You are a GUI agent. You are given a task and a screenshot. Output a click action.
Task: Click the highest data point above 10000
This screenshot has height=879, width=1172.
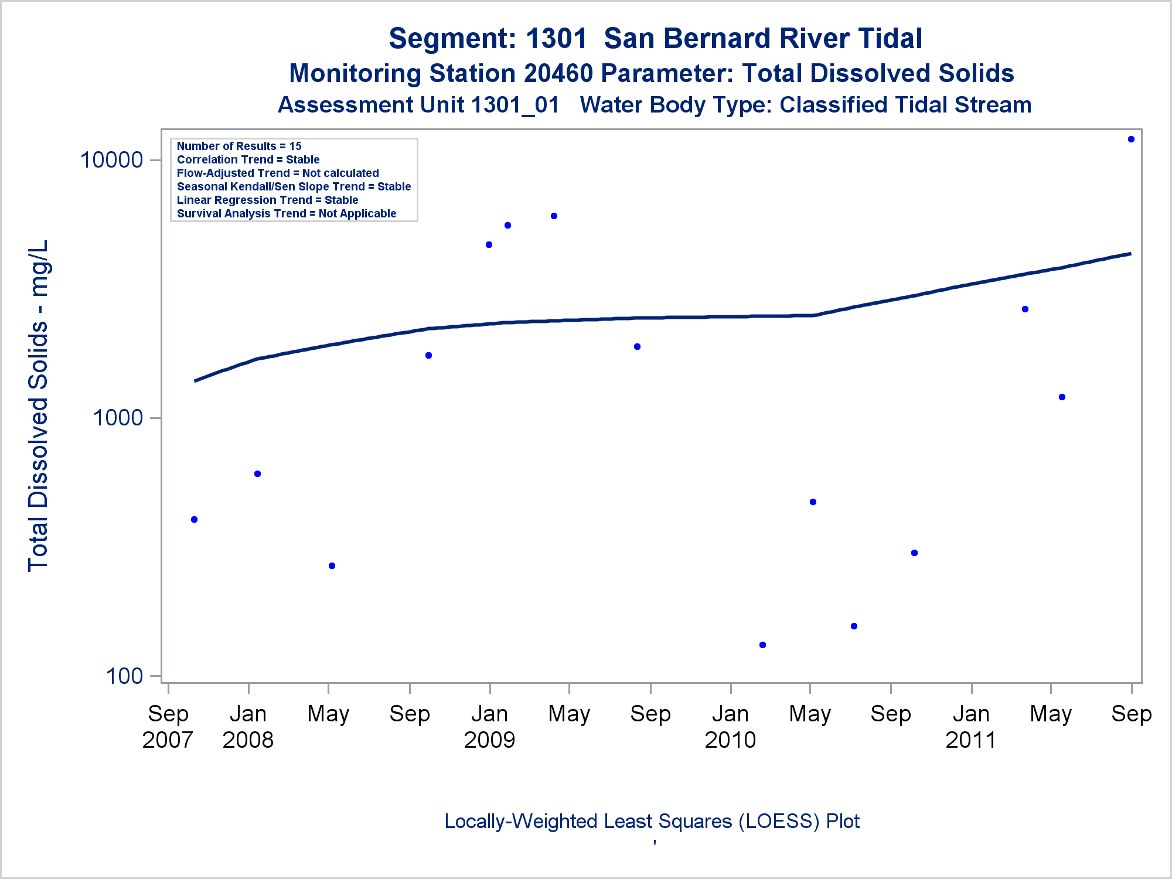tap(1131, 139)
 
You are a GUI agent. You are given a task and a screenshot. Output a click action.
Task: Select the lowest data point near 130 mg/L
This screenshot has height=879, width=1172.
tap(762, 645)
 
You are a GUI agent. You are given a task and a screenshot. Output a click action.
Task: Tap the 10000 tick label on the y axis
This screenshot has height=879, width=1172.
tap(111, 159)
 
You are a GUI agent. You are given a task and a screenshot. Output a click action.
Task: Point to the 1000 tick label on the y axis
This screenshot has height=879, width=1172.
tap(118, 418)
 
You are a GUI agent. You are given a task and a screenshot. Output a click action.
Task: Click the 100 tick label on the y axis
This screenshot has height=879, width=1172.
tap(124, 676)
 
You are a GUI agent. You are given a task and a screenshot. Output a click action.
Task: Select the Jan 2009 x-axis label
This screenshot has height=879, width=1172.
tap(489, 727)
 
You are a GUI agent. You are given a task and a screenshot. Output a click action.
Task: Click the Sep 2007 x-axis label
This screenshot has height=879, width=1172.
tap(168, 727)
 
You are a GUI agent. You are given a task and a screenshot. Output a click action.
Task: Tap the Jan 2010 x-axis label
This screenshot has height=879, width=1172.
tap(730, 727)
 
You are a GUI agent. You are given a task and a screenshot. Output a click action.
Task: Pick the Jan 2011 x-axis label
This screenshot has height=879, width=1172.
tap(971, 727)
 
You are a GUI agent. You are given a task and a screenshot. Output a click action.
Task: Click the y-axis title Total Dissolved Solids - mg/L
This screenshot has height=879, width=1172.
tap(38, 406)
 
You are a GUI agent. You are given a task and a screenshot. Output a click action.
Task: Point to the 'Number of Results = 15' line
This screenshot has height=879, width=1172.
tap(239, 146)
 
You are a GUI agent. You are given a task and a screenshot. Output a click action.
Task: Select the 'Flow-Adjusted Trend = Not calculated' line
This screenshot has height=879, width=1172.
tap(278, 173)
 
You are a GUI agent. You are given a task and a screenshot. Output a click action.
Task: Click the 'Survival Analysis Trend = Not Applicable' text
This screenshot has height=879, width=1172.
tap(287, 213)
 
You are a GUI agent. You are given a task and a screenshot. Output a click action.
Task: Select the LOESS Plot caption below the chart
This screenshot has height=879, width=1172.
tap(652, 822)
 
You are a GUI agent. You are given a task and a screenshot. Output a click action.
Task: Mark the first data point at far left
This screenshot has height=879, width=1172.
tap(195, 520)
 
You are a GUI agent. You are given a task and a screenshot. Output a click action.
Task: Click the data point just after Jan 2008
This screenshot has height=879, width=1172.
tap(257, 474)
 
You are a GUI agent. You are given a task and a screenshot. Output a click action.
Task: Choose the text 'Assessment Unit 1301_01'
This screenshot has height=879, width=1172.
tap(418, 105)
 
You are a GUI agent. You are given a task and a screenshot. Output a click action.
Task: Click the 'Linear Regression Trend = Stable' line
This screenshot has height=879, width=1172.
tap(267, 200)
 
